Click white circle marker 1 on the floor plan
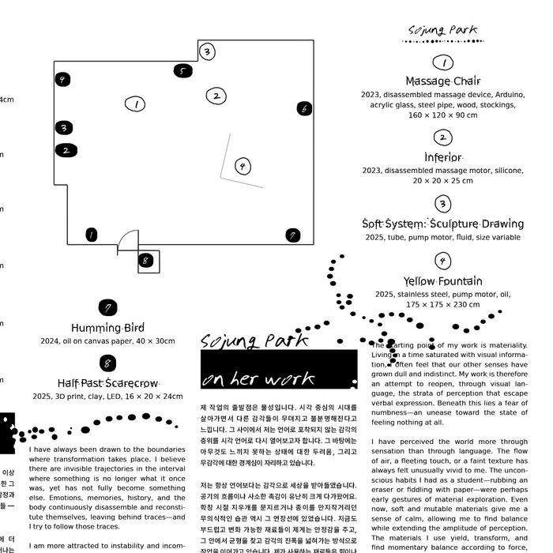pyautogui.click(x=135, y=104)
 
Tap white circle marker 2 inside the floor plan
pyautogui.click(x=216, y=96)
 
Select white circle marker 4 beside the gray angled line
pyautogui.click(x=243, y=166)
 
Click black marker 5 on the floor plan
pyautogui.click(x=182, y=71)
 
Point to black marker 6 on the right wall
pyautogui.click(x=304, y=109)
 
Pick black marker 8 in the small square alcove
pyautogui.click(x=145, y=260)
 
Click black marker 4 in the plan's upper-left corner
pyautogui.click(x=62, y=79)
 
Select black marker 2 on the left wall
pyautogui.click(x=66, y=150)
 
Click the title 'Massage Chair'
pyautogui.click(x=442, y=81)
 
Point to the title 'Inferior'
pyautogui.click(x=442, y=157)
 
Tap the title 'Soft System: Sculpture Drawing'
pyautogui.click(x=442, y=224)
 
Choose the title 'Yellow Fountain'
pyautogui.click(x=442, y=281)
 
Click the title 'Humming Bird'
pyautogui.click(x=107, y=328)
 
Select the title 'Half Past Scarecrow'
pyautogui.click(x=107, y=383)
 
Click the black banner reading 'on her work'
pyautogui.click(x=279, y=370)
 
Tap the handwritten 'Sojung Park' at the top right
pyautogui.click(x=442, y=32)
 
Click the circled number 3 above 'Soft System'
pyautogui.click(x=443, y=204)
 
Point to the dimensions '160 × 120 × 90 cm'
pyautogui.click(x=442, y=115)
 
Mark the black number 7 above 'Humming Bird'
pyautogui.click(x=107, y=307)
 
